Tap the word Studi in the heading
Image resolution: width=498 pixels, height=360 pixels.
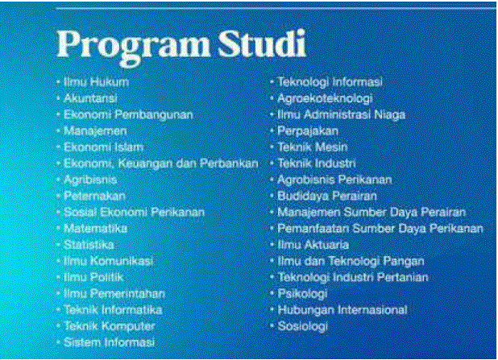(x=262, y=43)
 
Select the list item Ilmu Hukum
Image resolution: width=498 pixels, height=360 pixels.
(x=96, y=82)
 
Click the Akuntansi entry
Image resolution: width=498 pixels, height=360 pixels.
(x=90, y=98)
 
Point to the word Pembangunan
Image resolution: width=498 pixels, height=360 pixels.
(x=154, y=115)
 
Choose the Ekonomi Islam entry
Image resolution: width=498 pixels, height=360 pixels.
(x=103, y=147)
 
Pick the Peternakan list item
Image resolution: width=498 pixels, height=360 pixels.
(x=94, y=197)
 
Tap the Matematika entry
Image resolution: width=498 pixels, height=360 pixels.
(x=96, y=229)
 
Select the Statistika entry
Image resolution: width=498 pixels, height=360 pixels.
(x=89, y=245)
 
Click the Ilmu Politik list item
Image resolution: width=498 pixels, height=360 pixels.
(x=93, y=278)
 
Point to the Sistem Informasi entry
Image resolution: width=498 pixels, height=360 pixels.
(x=110, y=342)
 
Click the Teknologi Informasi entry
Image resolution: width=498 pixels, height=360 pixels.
(x=330, y=82)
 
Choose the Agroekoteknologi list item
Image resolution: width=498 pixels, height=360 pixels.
(x=325, y=99)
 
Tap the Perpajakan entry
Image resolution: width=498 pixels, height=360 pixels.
(x=308, y=131)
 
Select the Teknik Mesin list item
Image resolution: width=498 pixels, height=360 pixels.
(x=313, y=147)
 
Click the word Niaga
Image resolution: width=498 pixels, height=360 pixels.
(x=390, y=115)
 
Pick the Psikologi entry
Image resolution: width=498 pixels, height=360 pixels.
(x=302, y=294)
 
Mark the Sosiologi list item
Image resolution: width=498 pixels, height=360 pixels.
(x=302, y=326)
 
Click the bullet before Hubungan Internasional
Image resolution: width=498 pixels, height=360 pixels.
(x=272, y=310)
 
